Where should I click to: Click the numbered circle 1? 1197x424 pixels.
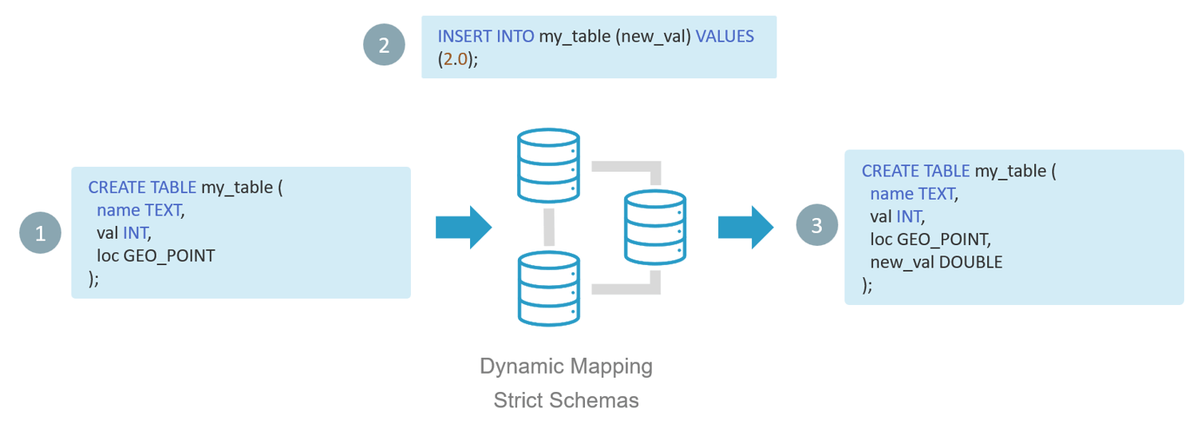click(40, 232)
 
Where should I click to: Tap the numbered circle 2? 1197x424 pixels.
click(384, 45)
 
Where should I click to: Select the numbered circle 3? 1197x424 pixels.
click(816, 225)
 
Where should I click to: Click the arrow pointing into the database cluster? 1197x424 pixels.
click(463, 227)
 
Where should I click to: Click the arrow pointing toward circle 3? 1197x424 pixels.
click(745, 227)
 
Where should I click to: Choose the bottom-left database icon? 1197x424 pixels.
click(547, 288)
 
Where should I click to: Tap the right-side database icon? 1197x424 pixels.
click(654, 227)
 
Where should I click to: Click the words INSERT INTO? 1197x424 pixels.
click(486, 37)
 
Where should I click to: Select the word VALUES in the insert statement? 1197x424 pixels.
click(725, 37)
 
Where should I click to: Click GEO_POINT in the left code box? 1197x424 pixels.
click(169, 256)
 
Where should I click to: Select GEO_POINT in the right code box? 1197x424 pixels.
click(944, 239)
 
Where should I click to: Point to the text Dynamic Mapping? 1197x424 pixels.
click(566, 367)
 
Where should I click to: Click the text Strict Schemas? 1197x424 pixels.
click(566, 400)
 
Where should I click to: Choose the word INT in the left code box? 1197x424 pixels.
click(135, 232)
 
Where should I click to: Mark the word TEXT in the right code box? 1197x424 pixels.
click(936, 193)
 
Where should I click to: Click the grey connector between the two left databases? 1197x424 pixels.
click(548, 228)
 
